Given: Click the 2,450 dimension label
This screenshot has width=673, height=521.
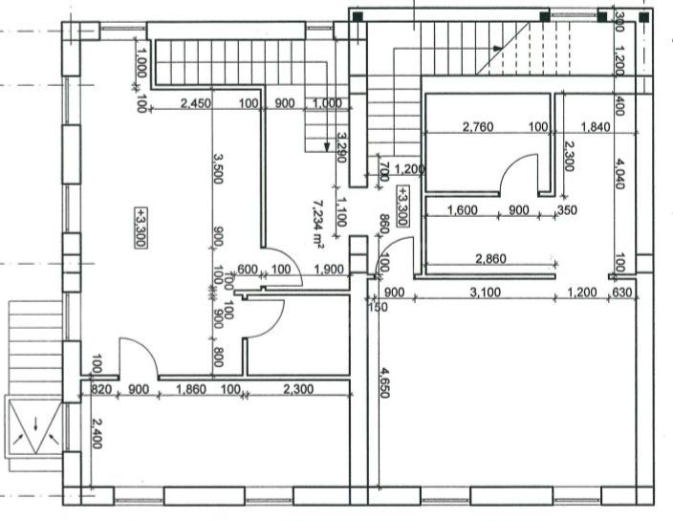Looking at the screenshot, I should pos(194,102).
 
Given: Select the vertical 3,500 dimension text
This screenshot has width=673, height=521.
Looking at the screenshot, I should pos(219,168).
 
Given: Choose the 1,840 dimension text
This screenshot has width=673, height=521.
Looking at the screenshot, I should pos(593,126).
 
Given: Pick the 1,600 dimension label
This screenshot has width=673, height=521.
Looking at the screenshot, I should pos(463,210).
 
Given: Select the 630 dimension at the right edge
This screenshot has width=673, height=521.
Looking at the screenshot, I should pos(622,292).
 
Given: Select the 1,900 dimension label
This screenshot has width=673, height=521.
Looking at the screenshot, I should pos(329,271).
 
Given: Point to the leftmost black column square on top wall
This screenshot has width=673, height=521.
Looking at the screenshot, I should pos(358,16).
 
